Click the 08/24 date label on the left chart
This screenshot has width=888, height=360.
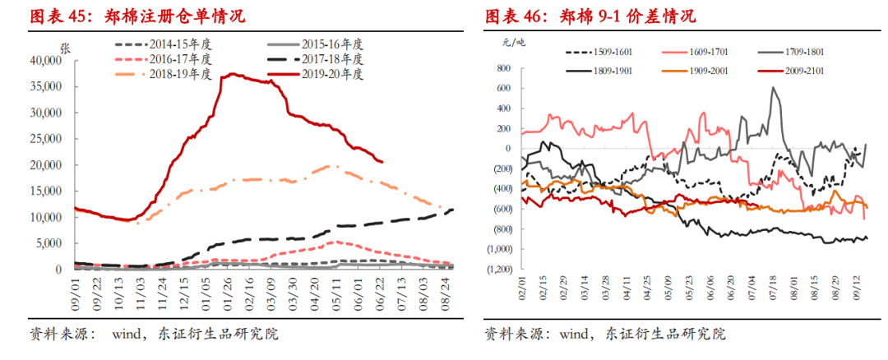click(x=444, y=290)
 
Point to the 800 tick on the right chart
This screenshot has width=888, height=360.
click(x=502, y=68)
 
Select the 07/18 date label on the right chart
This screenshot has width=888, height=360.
click(x=774, y=291)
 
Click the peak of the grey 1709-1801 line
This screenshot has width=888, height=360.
click(x=774, y=88)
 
